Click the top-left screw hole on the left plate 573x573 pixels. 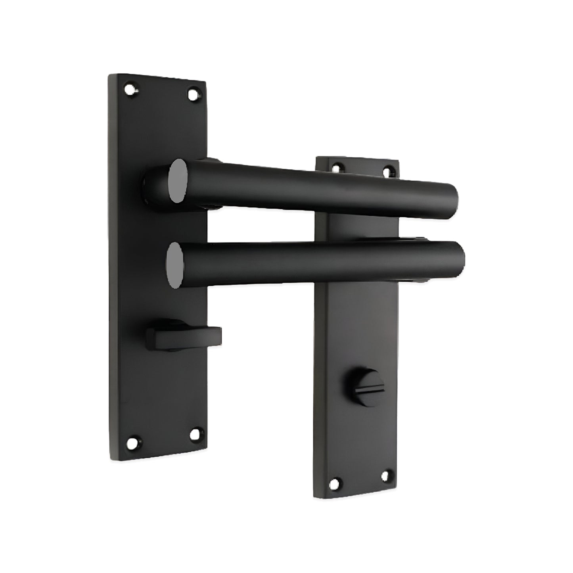pos(130,90)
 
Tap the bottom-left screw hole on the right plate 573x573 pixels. pos(335,483)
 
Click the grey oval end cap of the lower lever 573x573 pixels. pos(175,264)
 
